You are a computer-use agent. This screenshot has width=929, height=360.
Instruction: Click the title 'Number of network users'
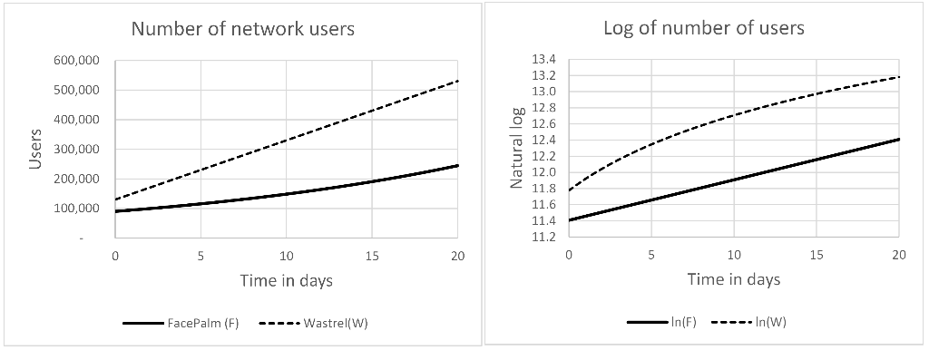point(242,29)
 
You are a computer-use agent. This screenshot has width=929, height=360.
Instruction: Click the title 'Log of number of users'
point(703,28)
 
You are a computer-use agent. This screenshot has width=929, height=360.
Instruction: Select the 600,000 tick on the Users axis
point(77,61)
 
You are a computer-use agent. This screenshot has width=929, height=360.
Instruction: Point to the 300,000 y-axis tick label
point(77,150)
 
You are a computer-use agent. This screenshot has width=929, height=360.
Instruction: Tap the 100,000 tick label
point(77,209)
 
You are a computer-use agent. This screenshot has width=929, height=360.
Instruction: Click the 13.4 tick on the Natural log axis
point(543,60)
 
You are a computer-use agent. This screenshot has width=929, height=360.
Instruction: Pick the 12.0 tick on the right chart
point(543,172)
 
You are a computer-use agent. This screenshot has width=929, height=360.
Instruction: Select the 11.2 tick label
point(543,238)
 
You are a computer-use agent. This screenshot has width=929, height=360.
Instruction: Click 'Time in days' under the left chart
point(286,280)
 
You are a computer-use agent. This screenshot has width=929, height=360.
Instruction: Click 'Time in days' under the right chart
point(733,279)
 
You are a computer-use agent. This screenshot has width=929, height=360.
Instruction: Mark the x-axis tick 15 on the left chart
point(372,256)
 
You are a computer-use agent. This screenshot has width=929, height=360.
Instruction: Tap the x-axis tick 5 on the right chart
point(651,255)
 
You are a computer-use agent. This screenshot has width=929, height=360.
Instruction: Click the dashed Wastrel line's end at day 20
point(457,82)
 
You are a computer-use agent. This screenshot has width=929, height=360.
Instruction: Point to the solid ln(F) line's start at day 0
point(570,220)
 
